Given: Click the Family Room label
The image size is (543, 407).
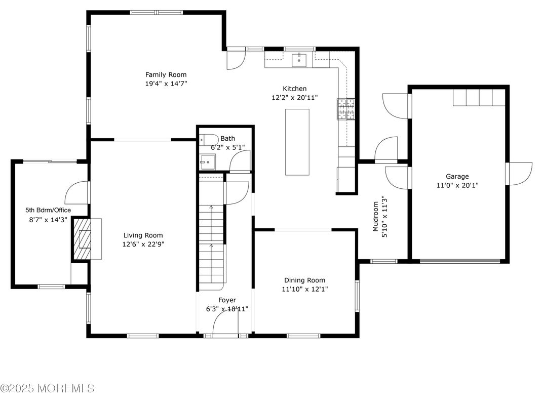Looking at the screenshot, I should (x=166, y=74).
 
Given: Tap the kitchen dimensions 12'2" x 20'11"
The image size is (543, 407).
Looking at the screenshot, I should (x=294, y=98).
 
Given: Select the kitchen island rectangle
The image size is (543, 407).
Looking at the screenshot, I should (x=297, y=141).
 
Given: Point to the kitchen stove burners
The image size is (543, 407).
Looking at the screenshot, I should (x=346, y=109).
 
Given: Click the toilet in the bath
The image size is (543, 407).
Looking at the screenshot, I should (x=208, y=139).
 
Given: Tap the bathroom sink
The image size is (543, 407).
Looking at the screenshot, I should (x=207, y=164).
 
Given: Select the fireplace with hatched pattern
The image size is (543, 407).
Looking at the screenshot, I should (x=83, y=239).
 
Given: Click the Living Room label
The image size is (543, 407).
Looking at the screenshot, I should (x=143, y=235).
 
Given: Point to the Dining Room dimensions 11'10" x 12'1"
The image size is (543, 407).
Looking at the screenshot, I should (x=304, y=290).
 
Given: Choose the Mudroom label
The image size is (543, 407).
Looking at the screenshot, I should (x=376, y=217).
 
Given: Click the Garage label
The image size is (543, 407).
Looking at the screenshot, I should (x=457, y=176).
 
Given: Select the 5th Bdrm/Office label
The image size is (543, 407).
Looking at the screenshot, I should (x=48, y=210).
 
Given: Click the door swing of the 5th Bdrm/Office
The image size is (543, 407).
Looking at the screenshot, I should (x=77, y=192).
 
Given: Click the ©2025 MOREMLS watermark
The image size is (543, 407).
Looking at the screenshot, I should (x=47, y=388).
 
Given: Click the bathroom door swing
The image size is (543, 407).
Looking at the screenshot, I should (x=240, y=162).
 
